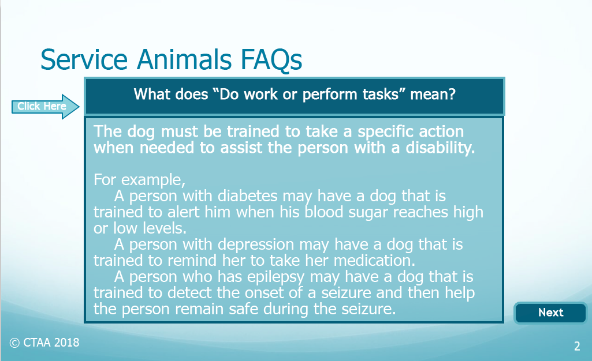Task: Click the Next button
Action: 550,313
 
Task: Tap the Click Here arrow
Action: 45,107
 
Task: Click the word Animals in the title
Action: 184,59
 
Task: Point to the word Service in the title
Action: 84,59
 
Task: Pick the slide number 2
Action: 577,346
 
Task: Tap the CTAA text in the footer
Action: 36,343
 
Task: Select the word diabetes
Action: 247,196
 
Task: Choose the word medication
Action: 374,261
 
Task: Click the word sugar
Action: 368,213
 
